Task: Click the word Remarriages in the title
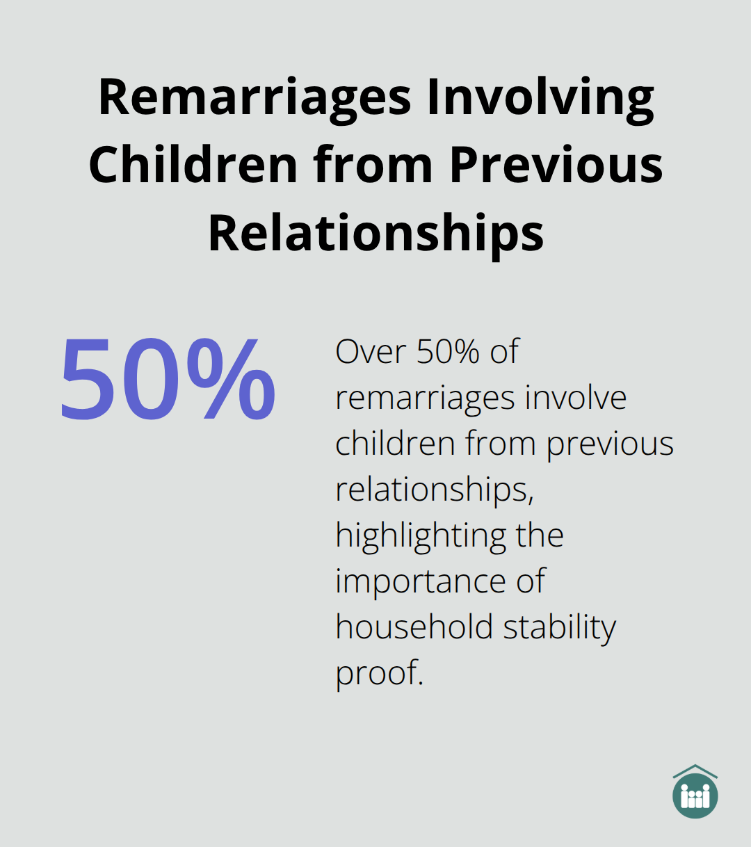[255, 99]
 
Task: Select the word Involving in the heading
[541, 99]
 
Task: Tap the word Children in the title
[193, 164]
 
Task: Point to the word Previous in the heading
[556, 164]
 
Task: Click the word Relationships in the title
[376, 233]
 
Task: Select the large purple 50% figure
[168, 379]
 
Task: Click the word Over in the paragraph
[371, 352]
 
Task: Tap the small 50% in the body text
[448, 352]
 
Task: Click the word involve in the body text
[576, 397]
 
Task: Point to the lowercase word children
[395, 443]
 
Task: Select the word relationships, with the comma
[435, 490]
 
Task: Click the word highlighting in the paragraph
[421, 536]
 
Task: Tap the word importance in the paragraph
[420, 582]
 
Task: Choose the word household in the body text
[414, 627]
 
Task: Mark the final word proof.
[380, 674]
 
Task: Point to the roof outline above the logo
[695, 771]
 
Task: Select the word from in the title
[373, 164]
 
